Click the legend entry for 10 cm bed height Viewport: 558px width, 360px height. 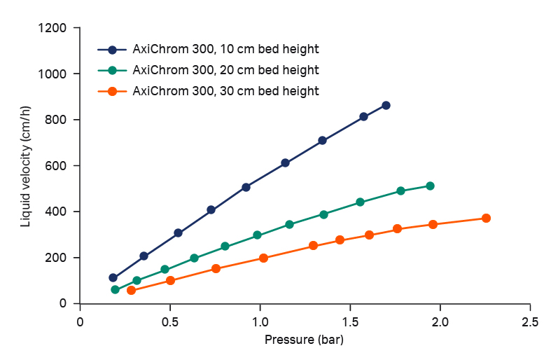pos(225,50)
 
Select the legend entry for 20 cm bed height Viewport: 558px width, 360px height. pos(225,70)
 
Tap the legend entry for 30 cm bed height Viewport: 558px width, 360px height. pos(225,91)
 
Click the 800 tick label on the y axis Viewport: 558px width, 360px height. pos(59,120)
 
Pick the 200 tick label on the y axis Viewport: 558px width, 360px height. pos(59,258)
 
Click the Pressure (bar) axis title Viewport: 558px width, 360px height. pos(305,341)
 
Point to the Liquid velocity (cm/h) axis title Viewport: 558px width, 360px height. pos(26,166)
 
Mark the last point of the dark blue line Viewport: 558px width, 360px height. pos(386,105)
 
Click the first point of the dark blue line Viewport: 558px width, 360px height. pos(113,277)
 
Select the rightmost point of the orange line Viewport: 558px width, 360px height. pos(486,218)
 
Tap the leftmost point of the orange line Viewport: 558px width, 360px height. pos(131,290)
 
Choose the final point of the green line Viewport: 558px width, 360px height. pos(430,186)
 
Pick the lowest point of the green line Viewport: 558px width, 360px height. pos(115,289)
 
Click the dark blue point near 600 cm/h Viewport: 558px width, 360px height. pos(285,162)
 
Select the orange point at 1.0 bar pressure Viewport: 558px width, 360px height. pos(263,258)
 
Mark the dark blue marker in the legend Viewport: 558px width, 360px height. pos(112,50)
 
